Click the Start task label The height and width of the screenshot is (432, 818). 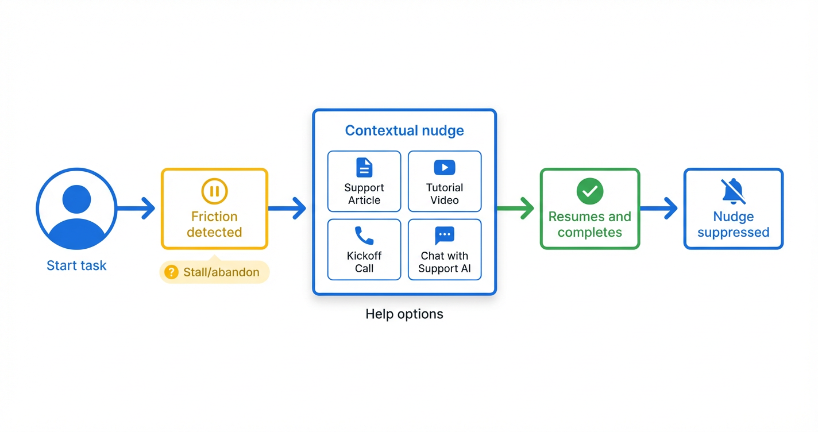(x=76, y=266)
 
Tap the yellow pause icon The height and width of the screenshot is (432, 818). (x=214, y=191)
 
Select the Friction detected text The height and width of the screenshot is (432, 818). (x=214, y=225)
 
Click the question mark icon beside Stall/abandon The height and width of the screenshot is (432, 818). (x=171, y=272)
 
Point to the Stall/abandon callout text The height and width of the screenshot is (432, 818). (x=221, y=272)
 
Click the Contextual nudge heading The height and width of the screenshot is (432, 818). (x=404, y=131)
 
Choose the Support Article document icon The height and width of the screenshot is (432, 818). (x=364, y=168)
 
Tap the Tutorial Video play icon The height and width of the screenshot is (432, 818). (x=444, y=168)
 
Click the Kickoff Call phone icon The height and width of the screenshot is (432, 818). (x=364, y=236)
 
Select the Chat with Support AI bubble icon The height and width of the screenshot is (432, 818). (x=444, y=236)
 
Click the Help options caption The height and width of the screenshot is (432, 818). (x=404, y=314)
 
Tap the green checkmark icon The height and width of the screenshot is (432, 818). (x=590, y=191)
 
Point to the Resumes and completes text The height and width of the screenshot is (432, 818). (x=590, y=225)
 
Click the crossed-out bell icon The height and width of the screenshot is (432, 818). (x=734, y=191)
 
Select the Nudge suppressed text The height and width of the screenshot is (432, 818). (x=734, y=225)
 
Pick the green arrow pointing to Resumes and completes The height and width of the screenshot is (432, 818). (x=516, y=208)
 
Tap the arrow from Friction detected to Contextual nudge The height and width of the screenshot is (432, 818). (x=288, y=208)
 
